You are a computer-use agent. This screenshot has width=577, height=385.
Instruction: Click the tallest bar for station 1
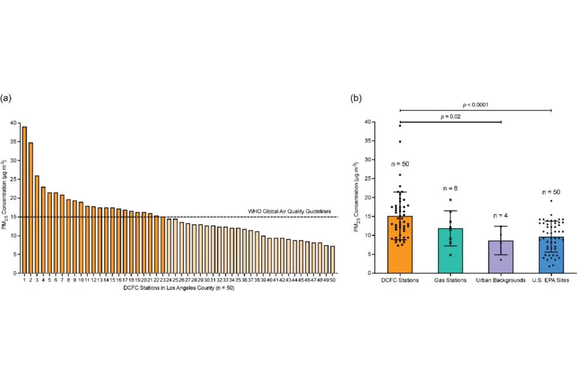click(x=24, y=200)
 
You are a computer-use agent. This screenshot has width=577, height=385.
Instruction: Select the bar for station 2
click(x=31, y=208)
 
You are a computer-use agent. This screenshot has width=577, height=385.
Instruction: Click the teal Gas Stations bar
click(x=451, y=251)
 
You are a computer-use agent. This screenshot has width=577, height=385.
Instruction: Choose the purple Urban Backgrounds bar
click(x=501, y=257)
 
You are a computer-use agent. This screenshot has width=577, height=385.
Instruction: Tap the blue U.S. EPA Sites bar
click(x=552, y=255)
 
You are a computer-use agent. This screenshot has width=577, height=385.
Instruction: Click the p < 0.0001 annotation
click(x=475, y=105)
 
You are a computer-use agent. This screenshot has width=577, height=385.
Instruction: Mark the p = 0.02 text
click(x=451, y=117)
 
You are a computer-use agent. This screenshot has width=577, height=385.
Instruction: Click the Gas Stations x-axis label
click(x=451, y=281)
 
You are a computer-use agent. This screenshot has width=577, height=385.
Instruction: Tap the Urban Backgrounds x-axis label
click(x=501, y=281)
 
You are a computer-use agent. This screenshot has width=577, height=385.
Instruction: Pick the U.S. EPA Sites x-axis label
click(x=552, y=281)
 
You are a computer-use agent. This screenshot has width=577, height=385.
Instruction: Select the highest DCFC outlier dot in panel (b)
click(x=399, y=125)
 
